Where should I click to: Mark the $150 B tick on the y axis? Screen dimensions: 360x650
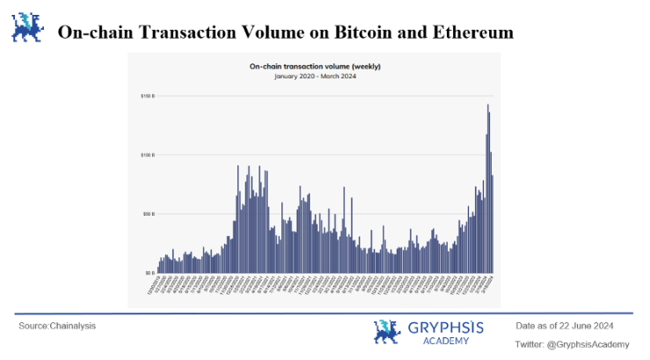point(146,95)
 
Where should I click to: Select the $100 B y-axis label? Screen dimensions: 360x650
point(146,154)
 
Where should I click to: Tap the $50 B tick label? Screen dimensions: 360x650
point(148,214)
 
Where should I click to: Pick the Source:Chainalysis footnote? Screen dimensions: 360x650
point(57,326)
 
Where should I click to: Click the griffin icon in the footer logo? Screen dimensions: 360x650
point(386,332)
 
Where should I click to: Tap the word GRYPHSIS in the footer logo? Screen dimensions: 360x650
point(445,327)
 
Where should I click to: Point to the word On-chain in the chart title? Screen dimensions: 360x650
point(267,66)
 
